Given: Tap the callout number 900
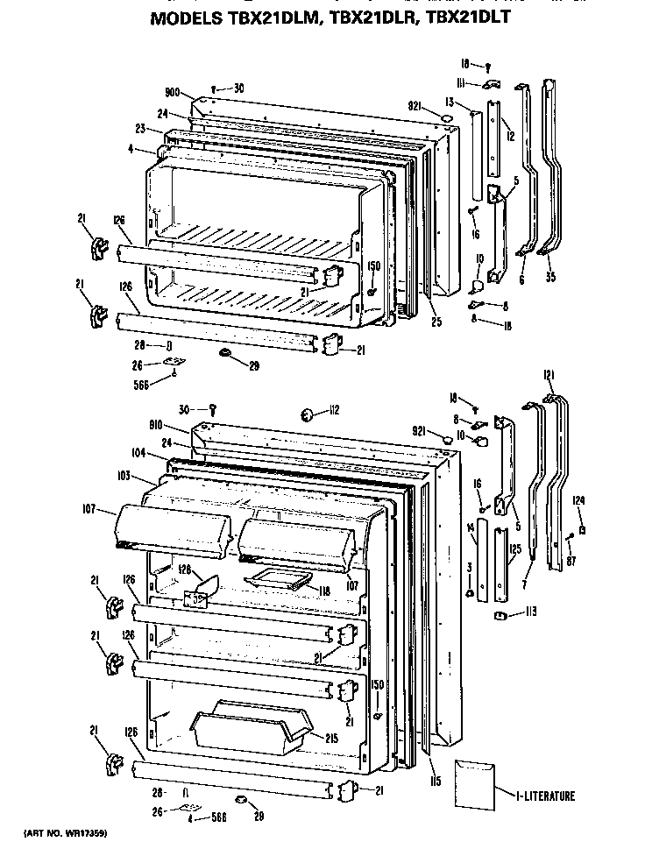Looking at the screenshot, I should [x=172, y=92].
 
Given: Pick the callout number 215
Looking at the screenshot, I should [x=332, y=739].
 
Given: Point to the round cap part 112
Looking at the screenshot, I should [x=308, y=413].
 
